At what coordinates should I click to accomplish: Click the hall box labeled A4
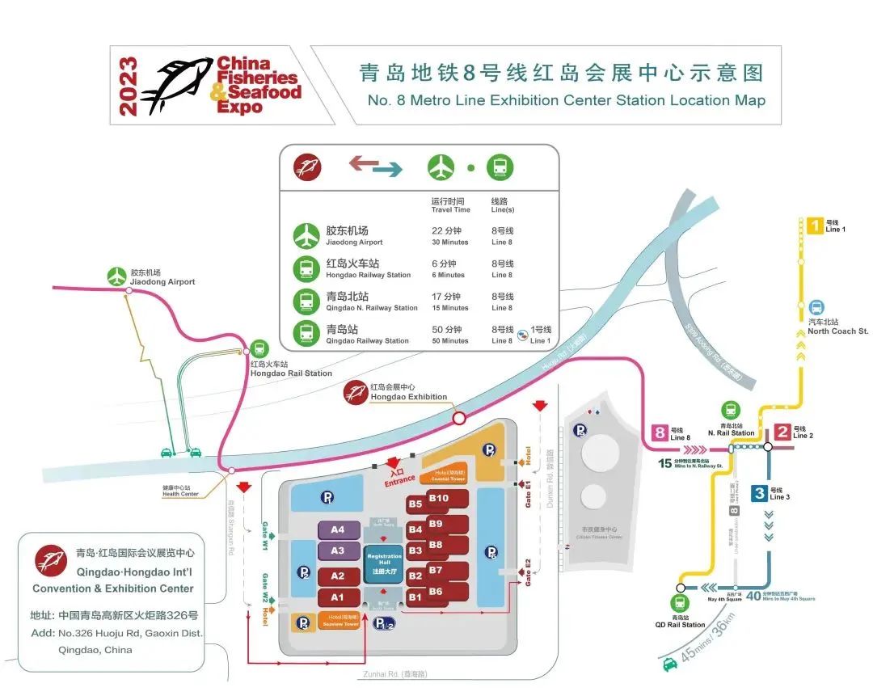click(x=338, y=530)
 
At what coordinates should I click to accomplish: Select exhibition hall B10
click(x=439, y=499)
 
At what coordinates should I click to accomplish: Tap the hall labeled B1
click(x=415, y=597)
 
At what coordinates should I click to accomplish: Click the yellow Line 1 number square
click(x=815, y=226)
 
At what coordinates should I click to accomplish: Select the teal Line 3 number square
click(x=758, y=492)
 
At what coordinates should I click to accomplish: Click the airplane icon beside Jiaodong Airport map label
click(x=118, y=276)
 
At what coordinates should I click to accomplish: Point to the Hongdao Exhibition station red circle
click(x=459, y=418)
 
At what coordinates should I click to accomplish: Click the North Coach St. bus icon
click(x=816, y=307)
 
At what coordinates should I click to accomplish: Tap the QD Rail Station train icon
click(x=679, y=603)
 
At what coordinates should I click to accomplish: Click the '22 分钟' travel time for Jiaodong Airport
click(x=445, y=230)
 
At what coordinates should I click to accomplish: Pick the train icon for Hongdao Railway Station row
click(x=306, y=268)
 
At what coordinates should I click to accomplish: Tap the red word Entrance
click(x=399, y=481)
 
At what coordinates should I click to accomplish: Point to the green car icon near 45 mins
click(x=670, y=664)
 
